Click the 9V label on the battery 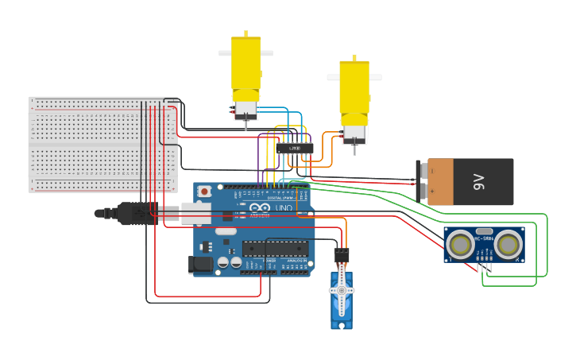[x=478, y=182]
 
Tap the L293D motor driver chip [x=295, y=148]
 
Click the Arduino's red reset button [x=205, y=191]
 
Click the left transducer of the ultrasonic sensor [x=460, y=246]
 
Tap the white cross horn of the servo [x=342, y=291]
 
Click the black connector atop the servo [x=341, y=255]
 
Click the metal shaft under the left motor [x=246, y=124]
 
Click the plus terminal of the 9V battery [x=422, y=170]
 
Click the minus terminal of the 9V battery [x=422, y=192]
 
